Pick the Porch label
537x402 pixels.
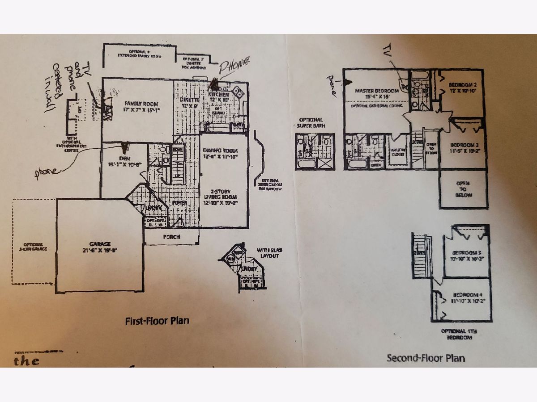[x=172, y=237]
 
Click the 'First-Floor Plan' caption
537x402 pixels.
[x=157, y=320]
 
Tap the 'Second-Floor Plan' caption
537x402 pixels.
[x=425, y=357]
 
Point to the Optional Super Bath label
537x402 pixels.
[x=310, y=122]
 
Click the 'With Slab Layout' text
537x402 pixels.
[x=268, y=253]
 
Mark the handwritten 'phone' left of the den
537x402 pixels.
[x=47, y=172]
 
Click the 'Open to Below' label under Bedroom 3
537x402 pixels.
[x=464, y=188]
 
